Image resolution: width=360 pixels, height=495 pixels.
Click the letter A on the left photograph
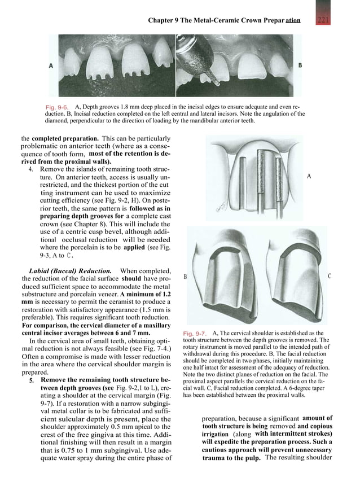point(51,65)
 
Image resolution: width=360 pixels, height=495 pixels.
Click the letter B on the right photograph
point(300,65)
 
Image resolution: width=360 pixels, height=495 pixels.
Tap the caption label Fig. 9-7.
point(195,334)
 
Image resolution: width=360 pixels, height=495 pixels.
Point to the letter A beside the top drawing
point(309,176)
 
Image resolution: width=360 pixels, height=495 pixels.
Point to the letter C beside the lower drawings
point(330,277)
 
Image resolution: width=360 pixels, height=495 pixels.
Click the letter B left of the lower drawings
point(186,277)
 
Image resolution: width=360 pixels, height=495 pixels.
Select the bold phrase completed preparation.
point(65,139)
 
